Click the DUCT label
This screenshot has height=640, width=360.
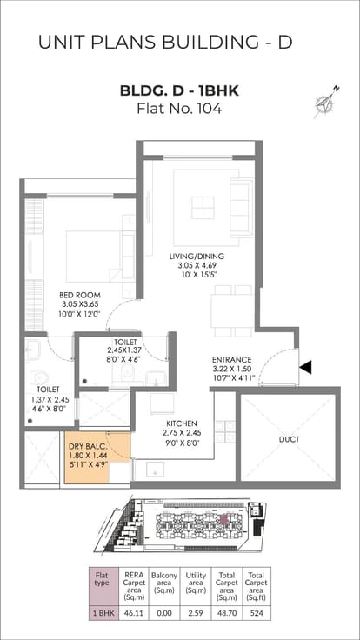[290, 440]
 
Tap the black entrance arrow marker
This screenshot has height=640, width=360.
[306, 367]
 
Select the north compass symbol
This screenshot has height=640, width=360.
[327, 102]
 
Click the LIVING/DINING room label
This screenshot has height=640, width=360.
[197, 257]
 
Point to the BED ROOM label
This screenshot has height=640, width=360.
[80, 295]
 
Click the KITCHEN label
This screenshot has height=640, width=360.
[182, 423]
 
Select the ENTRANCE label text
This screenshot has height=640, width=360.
[232, 360]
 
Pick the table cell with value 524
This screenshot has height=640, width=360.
[256, 613]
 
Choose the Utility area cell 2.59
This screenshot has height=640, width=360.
[196, 613]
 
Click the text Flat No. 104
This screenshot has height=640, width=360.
[179, 109]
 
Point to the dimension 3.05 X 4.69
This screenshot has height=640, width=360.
[197, 265]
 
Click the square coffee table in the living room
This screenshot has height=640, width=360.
[203, 207]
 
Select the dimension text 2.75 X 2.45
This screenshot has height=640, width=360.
[182, 433]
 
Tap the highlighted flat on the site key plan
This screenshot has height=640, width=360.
[223, 519]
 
